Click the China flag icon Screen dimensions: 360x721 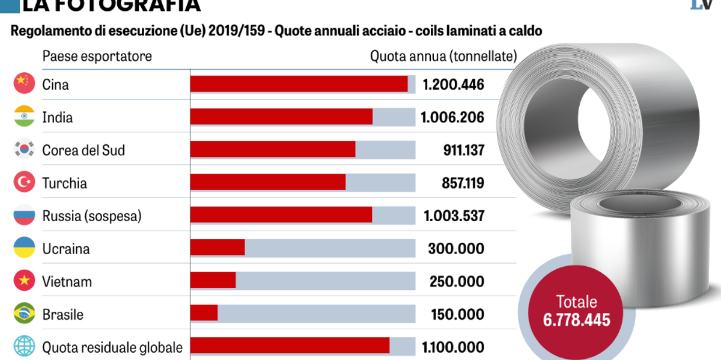click(23, 84)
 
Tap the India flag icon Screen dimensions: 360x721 click(23, 117)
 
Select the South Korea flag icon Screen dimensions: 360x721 click(23, 150)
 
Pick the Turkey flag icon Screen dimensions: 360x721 click(23, 183)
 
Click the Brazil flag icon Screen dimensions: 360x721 click(23, 314)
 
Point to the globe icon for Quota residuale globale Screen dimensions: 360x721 click(23, 347)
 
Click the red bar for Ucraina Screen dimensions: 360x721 click(218, 248)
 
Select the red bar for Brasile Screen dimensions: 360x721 click(204, 313)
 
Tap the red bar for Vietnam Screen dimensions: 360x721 click(213, 281)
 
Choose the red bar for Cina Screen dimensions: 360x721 click(299, 84)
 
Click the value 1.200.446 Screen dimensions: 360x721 click(453, 84)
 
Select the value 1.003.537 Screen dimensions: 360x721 click(453, 215)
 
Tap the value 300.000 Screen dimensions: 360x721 click(457, 248)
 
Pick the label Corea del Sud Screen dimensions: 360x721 click(84, 150)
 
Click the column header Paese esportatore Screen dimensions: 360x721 click(97, 56)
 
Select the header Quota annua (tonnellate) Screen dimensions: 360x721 click(443, 56)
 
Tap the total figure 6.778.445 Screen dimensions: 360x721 click(576, 319)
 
